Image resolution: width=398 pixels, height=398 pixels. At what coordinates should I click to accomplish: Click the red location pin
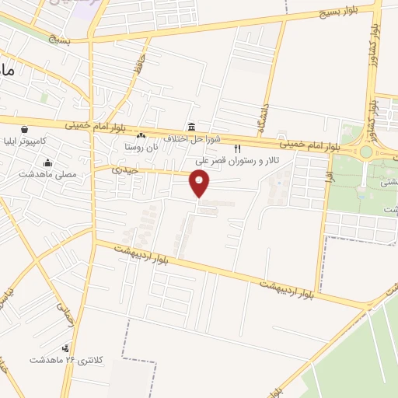coord(201,183)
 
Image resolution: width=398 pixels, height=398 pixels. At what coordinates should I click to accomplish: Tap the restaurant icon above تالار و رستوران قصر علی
coord(239,148)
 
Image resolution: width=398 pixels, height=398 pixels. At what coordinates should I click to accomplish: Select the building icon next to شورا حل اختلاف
coord(190,127)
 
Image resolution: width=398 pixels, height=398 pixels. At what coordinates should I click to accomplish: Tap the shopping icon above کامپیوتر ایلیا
coord(26,130)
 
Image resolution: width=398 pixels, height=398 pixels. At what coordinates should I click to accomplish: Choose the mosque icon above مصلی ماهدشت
coord(48,162)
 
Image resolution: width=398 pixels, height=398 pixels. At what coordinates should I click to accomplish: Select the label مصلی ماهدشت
coord(49,175)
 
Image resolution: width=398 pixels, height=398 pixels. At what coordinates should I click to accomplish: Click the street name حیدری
coord(124,169)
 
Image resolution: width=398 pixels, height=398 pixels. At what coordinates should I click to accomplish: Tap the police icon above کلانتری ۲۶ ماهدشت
coord(66,348)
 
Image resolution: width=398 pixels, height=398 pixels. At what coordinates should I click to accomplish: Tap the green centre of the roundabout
coord(366,152)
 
